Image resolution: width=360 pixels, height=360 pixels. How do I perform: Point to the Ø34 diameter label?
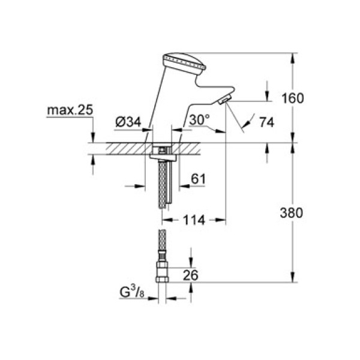[x=128, y=122]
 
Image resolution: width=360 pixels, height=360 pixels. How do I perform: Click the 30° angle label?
[x=199, y=121]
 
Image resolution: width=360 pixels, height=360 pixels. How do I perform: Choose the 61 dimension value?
[x=199, y=178]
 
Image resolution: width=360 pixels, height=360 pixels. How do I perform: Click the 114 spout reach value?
[x=194, y=220]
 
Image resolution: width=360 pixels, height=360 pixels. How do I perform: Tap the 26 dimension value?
[x=207, y=275]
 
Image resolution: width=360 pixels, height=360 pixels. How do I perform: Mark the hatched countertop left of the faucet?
[x=120, y=148]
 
